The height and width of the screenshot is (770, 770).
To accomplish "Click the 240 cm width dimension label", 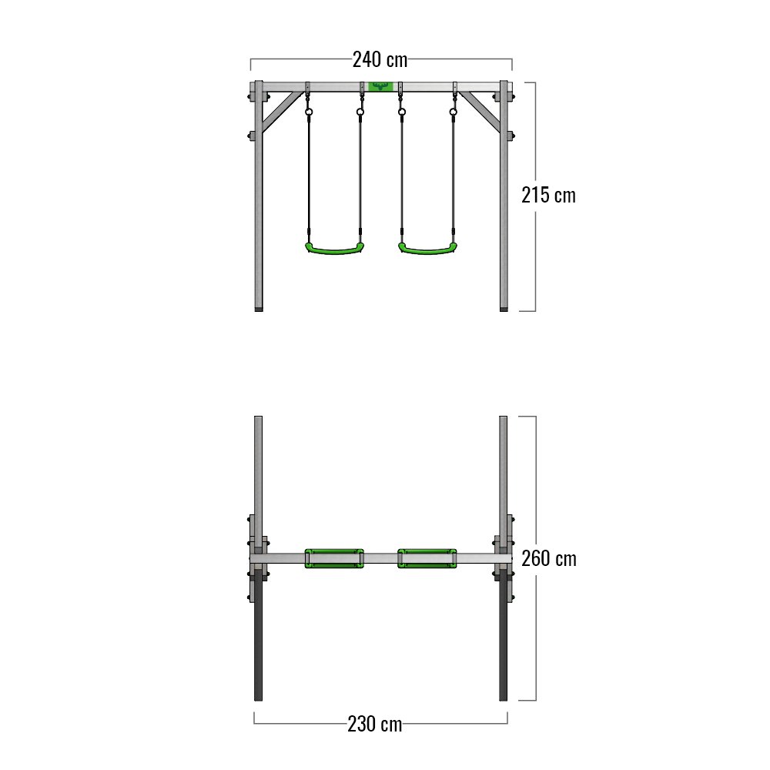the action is pyautogui.click(x=380, y=60).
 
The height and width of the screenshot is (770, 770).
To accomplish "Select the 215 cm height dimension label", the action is pyautogui.click(x=548, y=196).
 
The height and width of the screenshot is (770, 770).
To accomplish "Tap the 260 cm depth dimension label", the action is pyautogui.click(x=549, y=559).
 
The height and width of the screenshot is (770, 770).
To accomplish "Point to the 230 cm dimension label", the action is pyautogui.click(x=375, y=724).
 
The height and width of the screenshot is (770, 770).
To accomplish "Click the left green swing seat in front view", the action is pyautogui.click(x=334, y=248).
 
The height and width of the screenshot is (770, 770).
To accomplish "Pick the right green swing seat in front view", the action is pyautogui.click(x=427, y=248).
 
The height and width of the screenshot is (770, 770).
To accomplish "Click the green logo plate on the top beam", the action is pyautogui.click(x=380, y=86).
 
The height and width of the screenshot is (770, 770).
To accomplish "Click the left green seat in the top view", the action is pyautogui.click(x=334, y=558).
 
